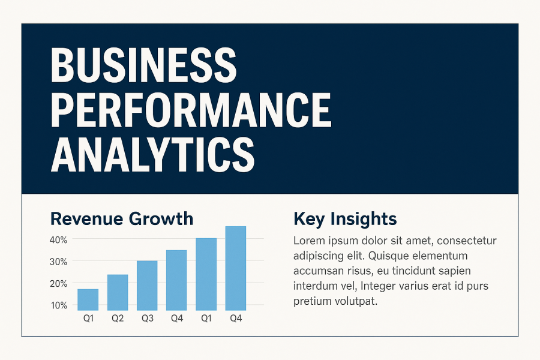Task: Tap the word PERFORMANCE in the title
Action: pyautogui.click(x=191, y=110)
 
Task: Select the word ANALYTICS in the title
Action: pyautogui.click(x=152, y=154)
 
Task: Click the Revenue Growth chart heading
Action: pyautogui.click(x=122, y=219)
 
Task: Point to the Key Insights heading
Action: pyautogui.click(x=345, y=220)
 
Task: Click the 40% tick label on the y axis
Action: pyautogui.click(x=59, y=240)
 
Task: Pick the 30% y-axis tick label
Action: pyautogui.click(x=59, y=262)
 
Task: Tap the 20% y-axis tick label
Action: pyautogui.click(x=59, y=284)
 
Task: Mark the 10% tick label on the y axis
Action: pyautogui.click(x=59, y=305)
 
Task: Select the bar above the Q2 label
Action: pyautogui.click(x=118, y=292)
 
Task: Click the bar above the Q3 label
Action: pyautogui.click(x=147, y=286)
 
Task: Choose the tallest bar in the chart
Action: pyautogui.click(x=236, y=268)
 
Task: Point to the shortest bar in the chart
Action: pyautogui.click(x=88, y=300)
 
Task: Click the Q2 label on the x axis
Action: pyautogui.click(x=118, y=319)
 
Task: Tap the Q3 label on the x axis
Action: pyautogui.click(x=148, y=319)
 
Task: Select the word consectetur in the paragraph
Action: pyautogui.click(x=467, y=241)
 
